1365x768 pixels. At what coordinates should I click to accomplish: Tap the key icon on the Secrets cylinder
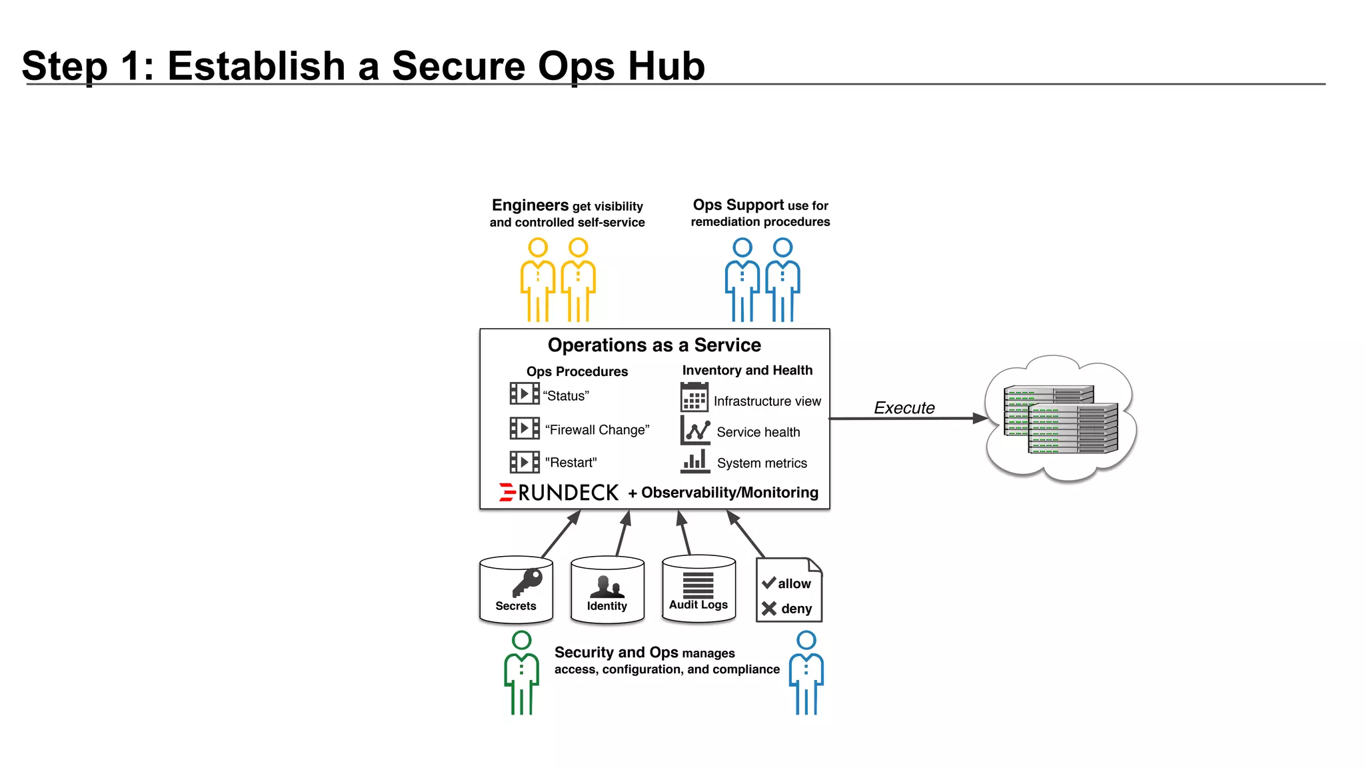pos(528,582)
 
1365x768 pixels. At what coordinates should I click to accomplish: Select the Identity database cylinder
pos(607,591)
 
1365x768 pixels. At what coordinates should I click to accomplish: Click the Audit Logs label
pos(698,605)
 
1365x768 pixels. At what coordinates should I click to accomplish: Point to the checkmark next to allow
pos(768,583)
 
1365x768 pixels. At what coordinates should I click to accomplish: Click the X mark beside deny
pos(768,608)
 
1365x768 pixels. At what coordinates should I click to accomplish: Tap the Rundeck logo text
pos(567,493)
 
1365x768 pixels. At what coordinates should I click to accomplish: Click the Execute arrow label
pos(904,408)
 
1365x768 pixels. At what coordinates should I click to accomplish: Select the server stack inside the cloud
pos(1060,419)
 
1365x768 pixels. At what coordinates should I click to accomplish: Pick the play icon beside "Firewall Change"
pos(525,428)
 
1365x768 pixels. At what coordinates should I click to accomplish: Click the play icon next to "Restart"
pos(525,462)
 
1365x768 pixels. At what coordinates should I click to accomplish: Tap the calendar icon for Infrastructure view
pos(694,397)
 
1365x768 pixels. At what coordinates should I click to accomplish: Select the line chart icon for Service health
pos(695,431)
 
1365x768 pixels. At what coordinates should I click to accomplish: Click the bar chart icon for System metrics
pos(695,461)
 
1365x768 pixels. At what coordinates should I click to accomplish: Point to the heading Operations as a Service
pos(654,345)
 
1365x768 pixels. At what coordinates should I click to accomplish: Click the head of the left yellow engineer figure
pos(538,247)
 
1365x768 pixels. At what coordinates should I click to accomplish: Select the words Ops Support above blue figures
pos(738,205)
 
